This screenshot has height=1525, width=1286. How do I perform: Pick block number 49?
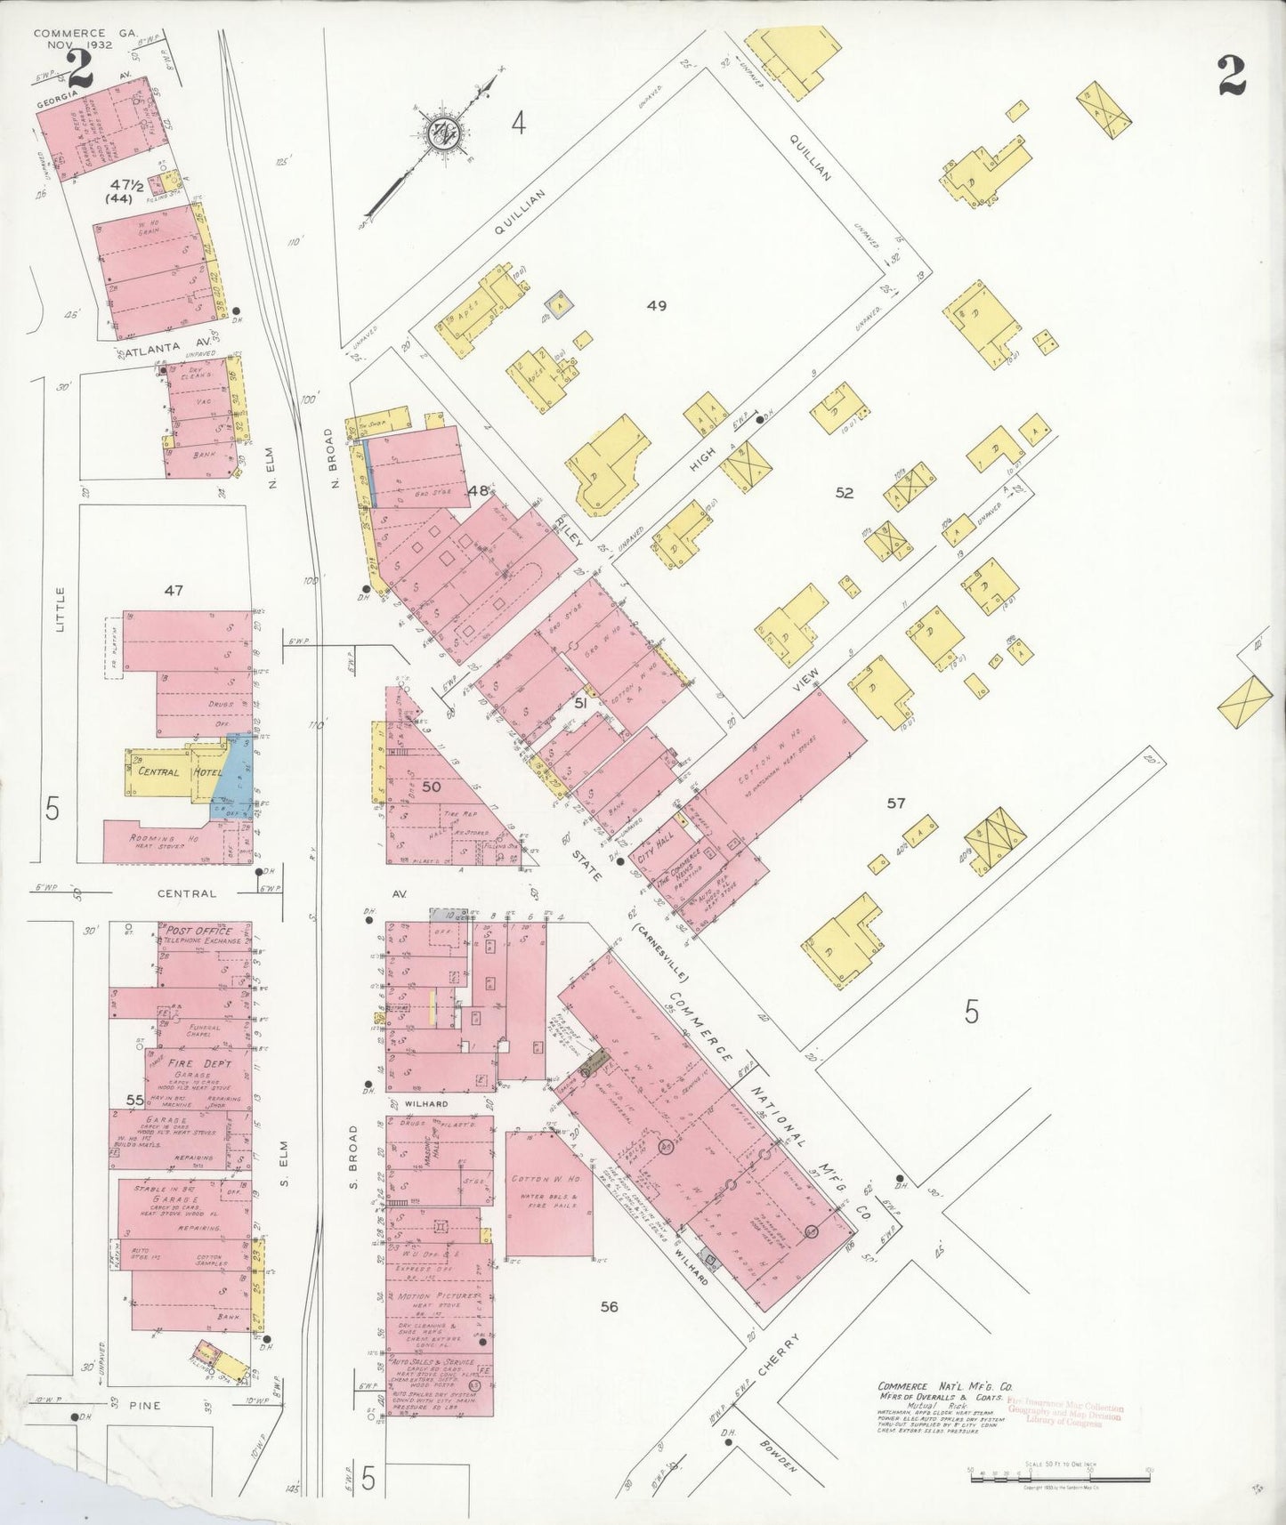(x=657, y=306)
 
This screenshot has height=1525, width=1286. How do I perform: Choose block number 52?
(x=844, y=492)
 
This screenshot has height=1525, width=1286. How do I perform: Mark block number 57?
(x=895, y=803)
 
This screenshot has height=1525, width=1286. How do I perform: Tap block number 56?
(x=609, y=1307)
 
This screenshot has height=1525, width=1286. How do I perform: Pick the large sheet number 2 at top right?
(x=1232, y=74)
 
